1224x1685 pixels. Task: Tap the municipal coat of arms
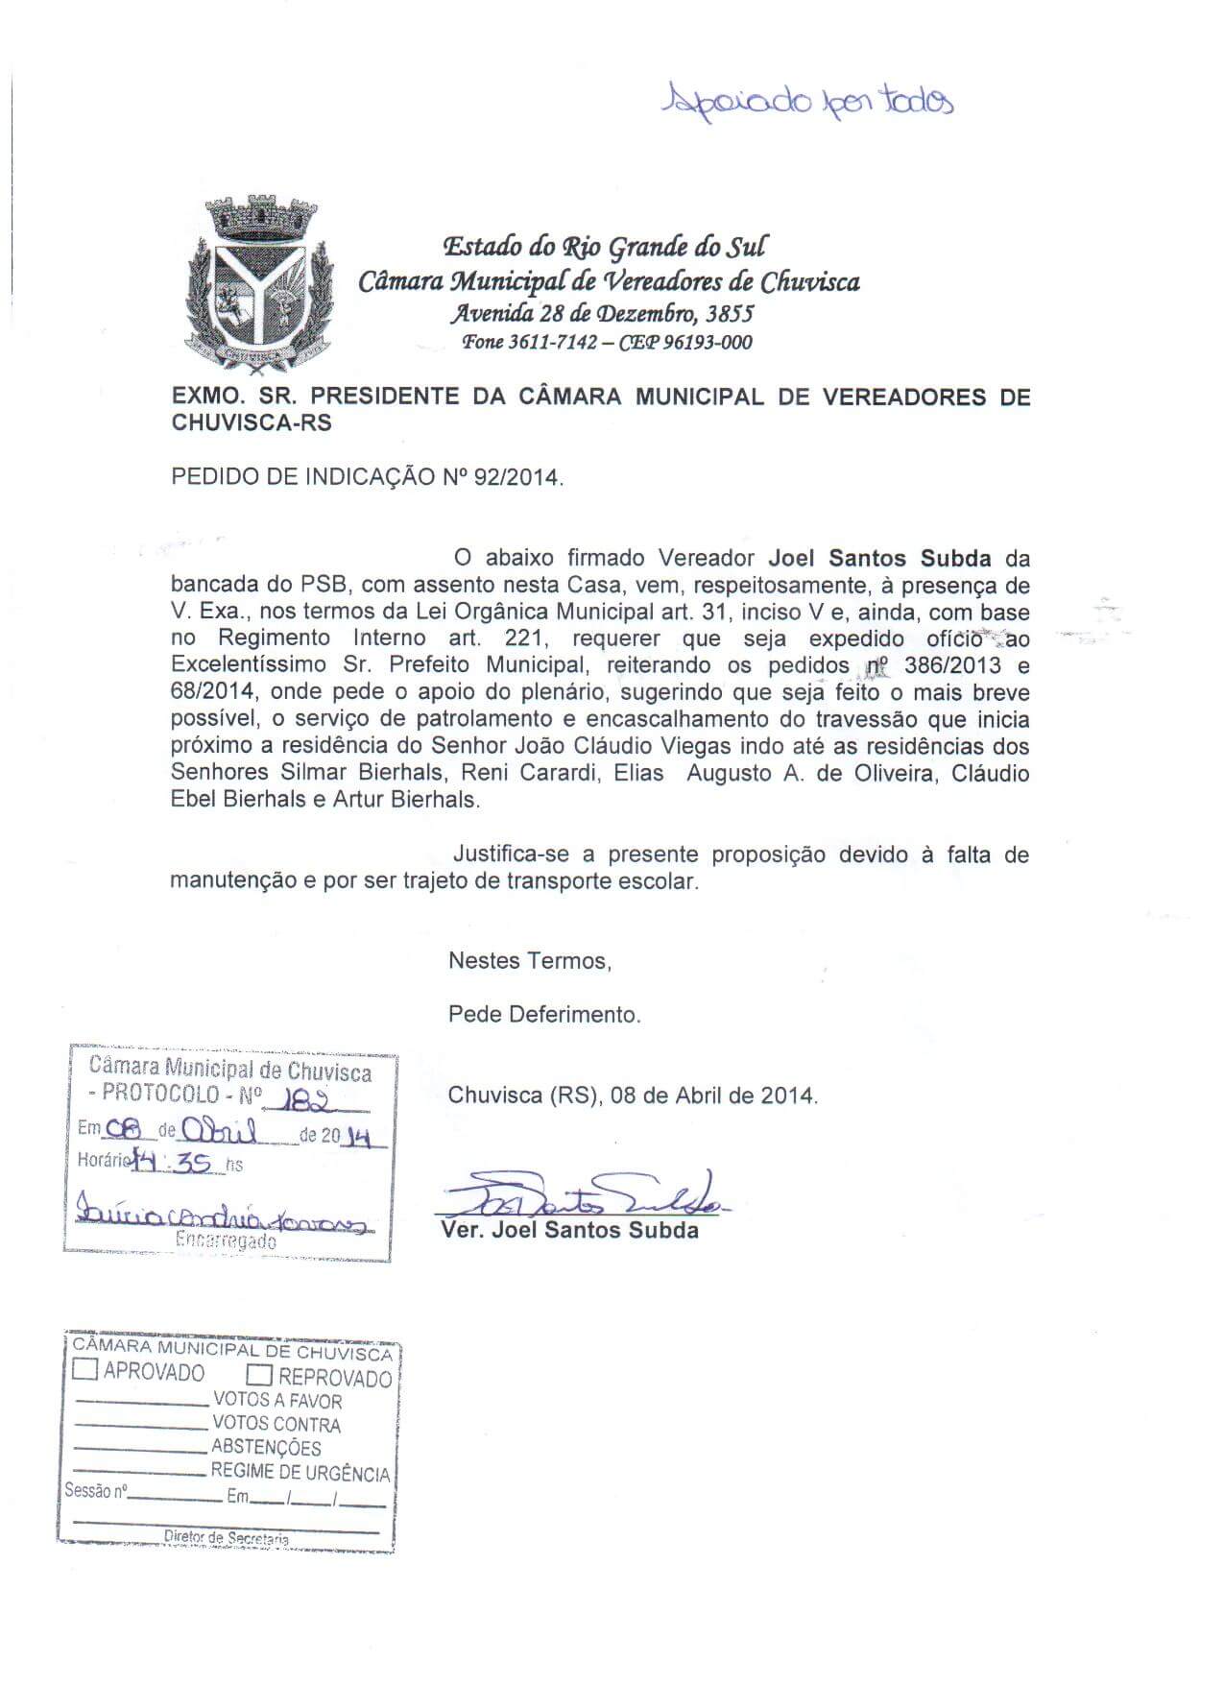point(256,280)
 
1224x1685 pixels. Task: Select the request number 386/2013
point(947,665)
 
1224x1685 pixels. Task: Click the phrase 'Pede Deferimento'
point(544,1014)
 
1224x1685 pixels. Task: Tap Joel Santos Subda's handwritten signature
point(586,1196)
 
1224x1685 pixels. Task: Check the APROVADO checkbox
point(86,1370)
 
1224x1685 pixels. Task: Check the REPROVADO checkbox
point(261,1377)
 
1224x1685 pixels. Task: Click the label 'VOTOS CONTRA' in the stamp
point(276,1424)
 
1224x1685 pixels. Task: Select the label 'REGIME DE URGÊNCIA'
point(300,1472)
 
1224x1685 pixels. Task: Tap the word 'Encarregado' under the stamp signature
point(227,1241)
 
